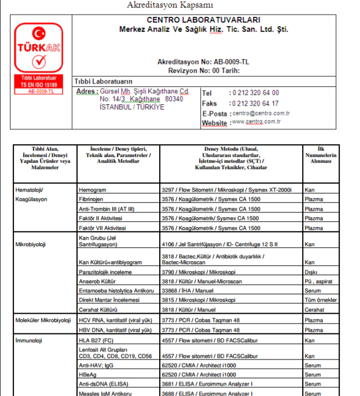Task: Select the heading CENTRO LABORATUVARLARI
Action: click(203, 20)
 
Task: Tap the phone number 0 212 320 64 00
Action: click(254, 93)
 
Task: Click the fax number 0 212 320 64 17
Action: click(254, 103)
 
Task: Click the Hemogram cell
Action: click(93, 189)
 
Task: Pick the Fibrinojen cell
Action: click(92, 199)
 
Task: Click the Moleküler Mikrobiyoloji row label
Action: click(42, 320)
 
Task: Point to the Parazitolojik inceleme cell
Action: click(105, 272)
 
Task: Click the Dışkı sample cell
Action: click(311, 272)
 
